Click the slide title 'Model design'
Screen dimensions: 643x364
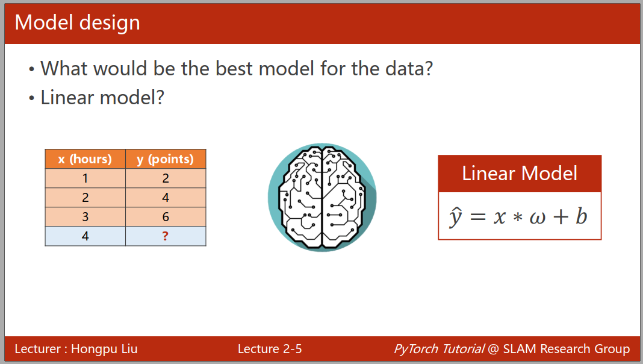click(x=77, y=23)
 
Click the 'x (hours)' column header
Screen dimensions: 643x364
click(x=85, y=159)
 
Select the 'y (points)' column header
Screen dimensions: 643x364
click(x=165, y=159)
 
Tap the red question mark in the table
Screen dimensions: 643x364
click(x=165, y=236)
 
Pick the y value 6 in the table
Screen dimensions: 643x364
click(x=166, y=217)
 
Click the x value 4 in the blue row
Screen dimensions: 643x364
click(x=85, y=236)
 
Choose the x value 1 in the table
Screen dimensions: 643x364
click(x=85, y=178)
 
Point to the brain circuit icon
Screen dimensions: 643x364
click(x=322, y=198)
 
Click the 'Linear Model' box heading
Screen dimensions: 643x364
click(x=520, y=173)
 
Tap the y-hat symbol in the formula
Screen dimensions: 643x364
click(x=456, y=217)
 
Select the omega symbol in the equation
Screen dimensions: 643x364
click(x=538, y=218)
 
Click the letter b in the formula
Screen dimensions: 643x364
click(x=582, y=216)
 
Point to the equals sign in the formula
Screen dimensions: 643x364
click(x=478, y=217)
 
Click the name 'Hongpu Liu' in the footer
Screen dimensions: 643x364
click(x=104, y=349)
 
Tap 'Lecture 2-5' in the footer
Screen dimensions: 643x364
click(x=270, y=349)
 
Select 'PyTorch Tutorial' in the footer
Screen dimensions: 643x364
click(x=439, y=349)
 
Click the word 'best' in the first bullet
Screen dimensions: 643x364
click(x=234, y=68)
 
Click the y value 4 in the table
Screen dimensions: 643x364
click(x=166, y=198)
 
